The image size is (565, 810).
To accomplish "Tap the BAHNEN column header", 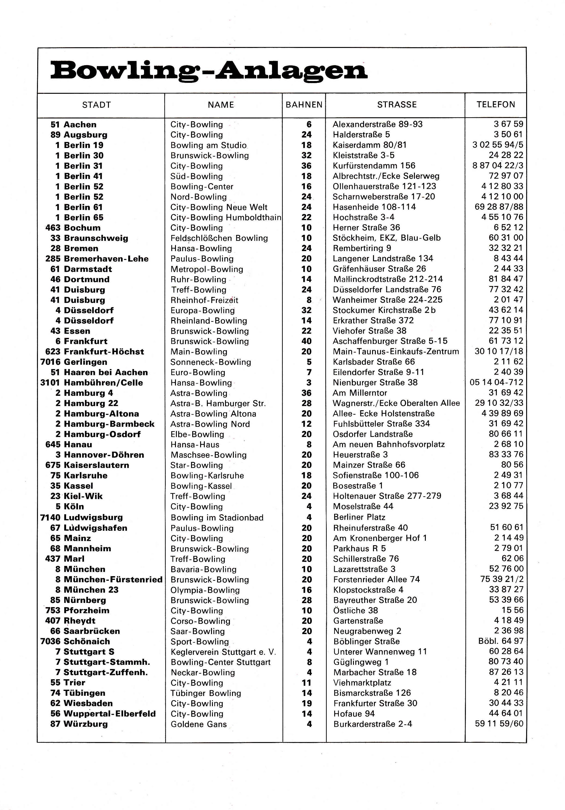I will (304, 105).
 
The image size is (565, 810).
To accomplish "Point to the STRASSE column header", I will (397, 104).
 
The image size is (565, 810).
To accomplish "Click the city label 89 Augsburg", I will (79, 135).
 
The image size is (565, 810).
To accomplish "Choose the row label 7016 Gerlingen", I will (74, 362).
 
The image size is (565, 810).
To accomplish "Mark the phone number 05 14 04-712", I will (496, 382).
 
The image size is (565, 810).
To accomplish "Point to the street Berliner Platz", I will (359, 517).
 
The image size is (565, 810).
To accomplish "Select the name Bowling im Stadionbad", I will (217, 518).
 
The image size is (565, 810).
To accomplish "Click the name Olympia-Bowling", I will (205, 590).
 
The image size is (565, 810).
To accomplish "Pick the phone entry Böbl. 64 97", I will (500, 641).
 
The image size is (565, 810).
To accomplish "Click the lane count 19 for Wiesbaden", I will (307, 703).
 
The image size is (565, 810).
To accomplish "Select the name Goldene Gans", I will (199, 724).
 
